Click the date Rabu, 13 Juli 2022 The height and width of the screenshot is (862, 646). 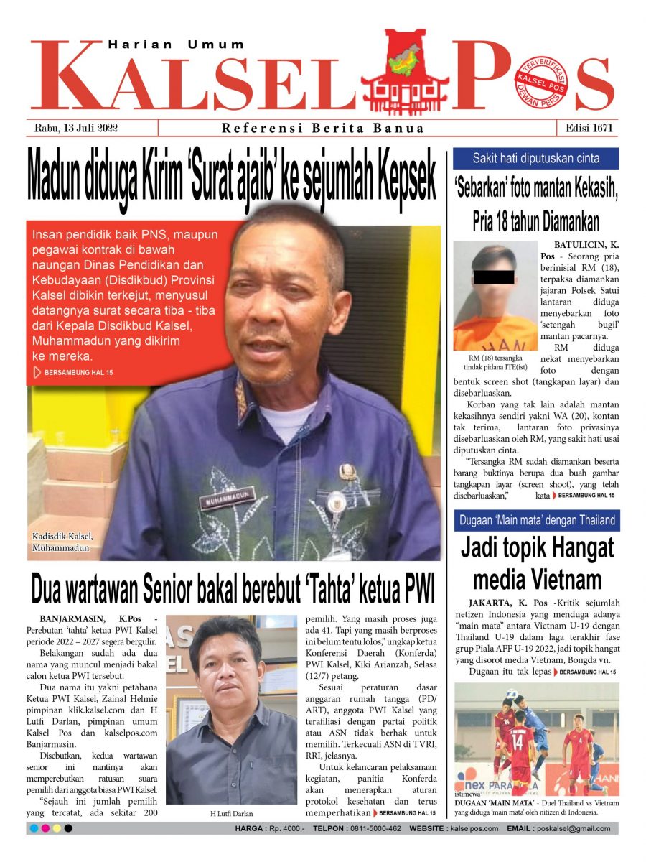tap(76, 129)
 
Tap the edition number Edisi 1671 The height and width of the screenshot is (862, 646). tap(587, 129)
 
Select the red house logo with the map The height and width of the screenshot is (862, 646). tap(405, 73)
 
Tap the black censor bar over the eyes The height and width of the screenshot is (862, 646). tap(494, 276)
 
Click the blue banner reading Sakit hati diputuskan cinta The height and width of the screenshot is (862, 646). tap(536, 159)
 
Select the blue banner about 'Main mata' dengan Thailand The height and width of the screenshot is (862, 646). tap(536, 520)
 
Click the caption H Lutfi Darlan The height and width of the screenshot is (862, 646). tap(231, 813)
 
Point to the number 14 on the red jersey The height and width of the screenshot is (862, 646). tap(519, 739)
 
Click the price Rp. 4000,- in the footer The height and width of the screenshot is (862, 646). tap(281, 828)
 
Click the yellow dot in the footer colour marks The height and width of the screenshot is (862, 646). tap(57, 828)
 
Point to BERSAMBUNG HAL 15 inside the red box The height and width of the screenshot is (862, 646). tap(78, 373)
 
